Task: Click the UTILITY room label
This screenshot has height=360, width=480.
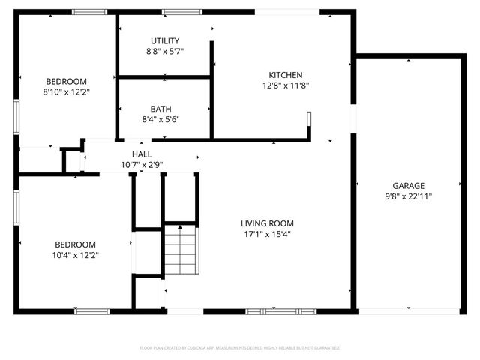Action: point(165,40)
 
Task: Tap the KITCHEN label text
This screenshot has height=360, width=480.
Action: point(286,74)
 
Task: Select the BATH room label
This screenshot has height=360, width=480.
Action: point(160,109)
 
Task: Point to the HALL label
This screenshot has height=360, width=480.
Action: point(142,154)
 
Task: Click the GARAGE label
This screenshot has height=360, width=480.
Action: point(408,186)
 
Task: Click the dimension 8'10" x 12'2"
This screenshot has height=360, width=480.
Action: point(66,92)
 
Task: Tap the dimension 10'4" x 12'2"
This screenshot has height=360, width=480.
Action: point(75,255)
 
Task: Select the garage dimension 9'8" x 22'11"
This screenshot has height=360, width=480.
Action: point(408,196)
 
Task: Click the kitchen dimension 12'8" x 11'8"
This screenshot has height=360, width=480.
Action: point(286,85)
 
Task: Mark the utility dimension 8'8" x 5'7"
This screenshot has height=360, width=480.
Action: point(165,51)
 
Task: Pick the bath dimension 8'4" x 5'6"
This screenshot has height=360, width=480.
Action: point(160,119)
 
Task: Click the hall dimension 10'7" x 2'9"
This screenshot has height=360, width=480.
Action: point(142,165)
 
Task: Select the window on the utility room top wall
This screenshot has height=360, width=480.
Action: point(176,11)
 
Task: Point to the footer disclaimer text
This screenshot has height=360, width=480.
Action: point(240,348)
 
